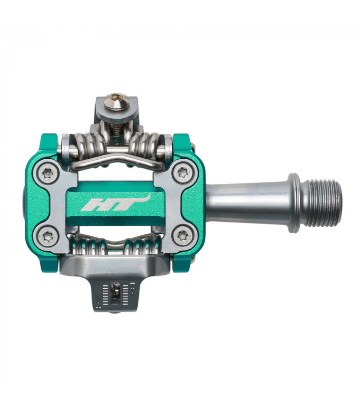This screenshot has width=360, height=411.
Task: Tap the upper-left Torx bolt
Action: point(48,173)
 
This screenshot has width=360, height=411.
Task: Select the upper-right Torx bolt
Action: point(182,173)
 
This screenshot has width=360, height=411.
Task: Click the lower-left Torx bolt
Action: point(48,236)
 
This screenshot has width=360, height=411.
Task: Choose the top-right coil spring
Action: point(147,143)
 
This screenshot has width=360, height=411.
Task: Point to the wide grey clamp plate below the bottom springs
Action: point(116,265)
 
